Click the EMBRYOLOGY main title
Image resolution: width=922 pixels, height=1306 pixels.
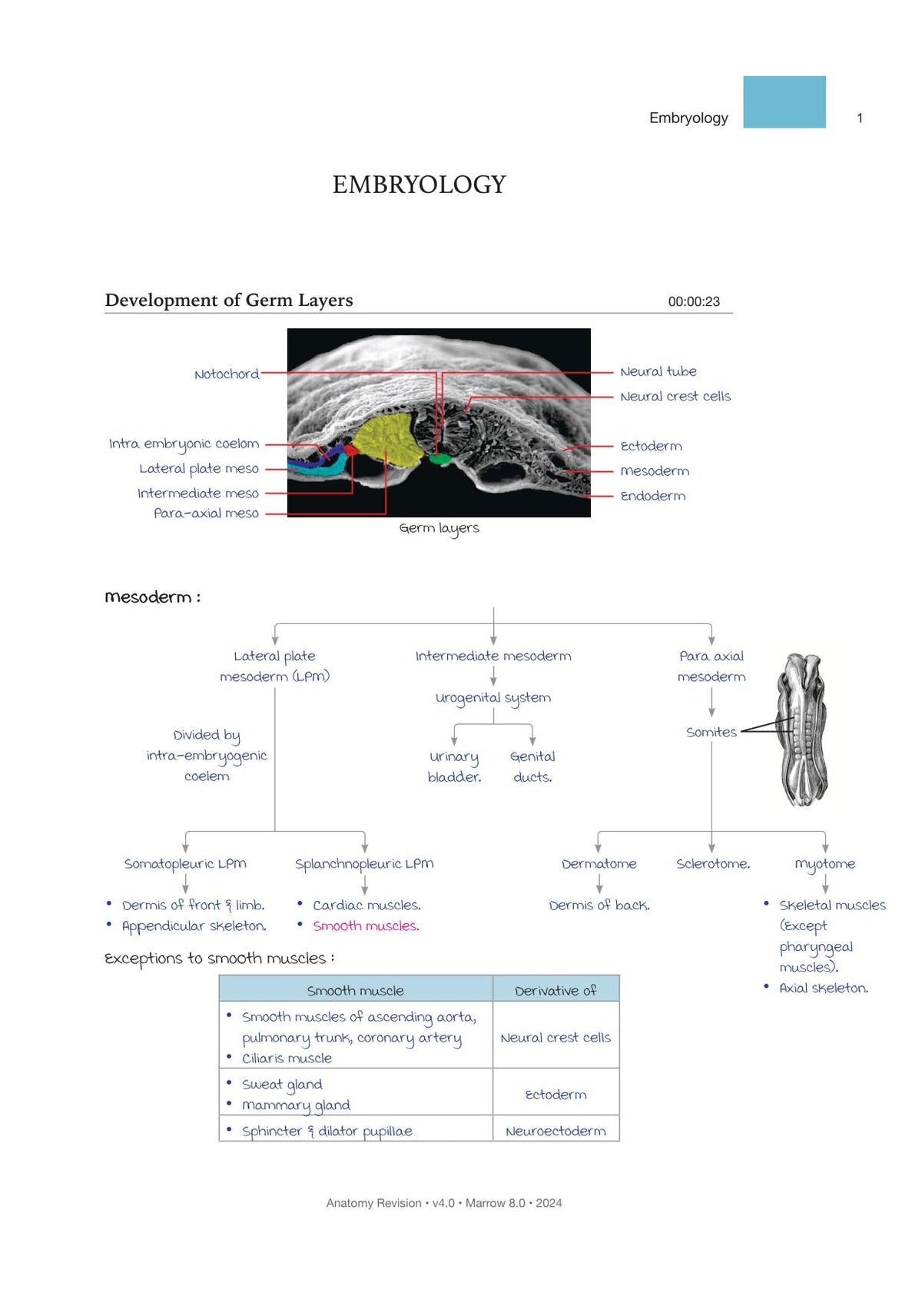[419, 184]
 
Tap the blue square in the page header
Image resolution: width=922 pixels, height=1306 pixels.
[784, 101]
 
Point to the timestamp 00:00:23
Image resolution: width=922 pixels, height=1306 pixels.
[694, 301]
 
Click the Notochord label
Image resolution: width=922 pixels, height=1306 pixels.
[227, 374]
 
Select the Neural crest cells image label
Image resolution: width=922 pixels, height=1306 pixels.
[675, 397]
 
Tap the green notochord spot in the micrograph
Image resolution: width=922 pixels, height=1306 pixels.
[440, 460]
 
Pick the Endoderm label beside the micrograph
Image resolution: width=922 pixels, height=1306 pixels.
[653, 496]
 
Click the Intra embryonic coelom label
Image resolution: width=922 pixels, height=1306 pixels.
[184, 444]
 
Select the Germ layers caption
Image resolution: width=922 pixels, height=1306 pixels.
[439, 528]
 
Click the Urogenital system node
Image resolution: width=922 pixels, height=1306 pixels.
[493, 698]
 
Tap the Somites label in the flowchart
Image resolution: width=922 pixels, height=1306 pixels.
[711, 733]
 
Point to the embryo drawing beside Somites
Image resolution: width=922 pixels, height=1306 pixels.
[803, 730]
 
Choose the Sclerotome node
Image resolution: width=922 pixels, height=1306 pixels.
[713, 863]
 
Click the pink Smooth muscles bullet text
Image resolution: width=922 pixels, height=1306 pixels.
[366, 925]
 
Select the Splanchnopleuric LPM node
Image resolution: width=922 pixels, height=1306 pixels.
[364, 864]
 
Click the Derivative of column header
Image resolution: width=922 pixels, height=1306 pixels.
[556, 991]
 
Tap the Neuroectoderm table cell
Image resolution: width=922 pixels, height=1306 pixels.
[556, 1132]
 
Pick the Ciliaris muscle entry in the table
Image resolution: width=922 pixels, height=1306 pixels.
[287, 1058]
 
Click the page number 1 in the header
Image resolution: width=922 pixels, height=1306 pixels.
[859, 118]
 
